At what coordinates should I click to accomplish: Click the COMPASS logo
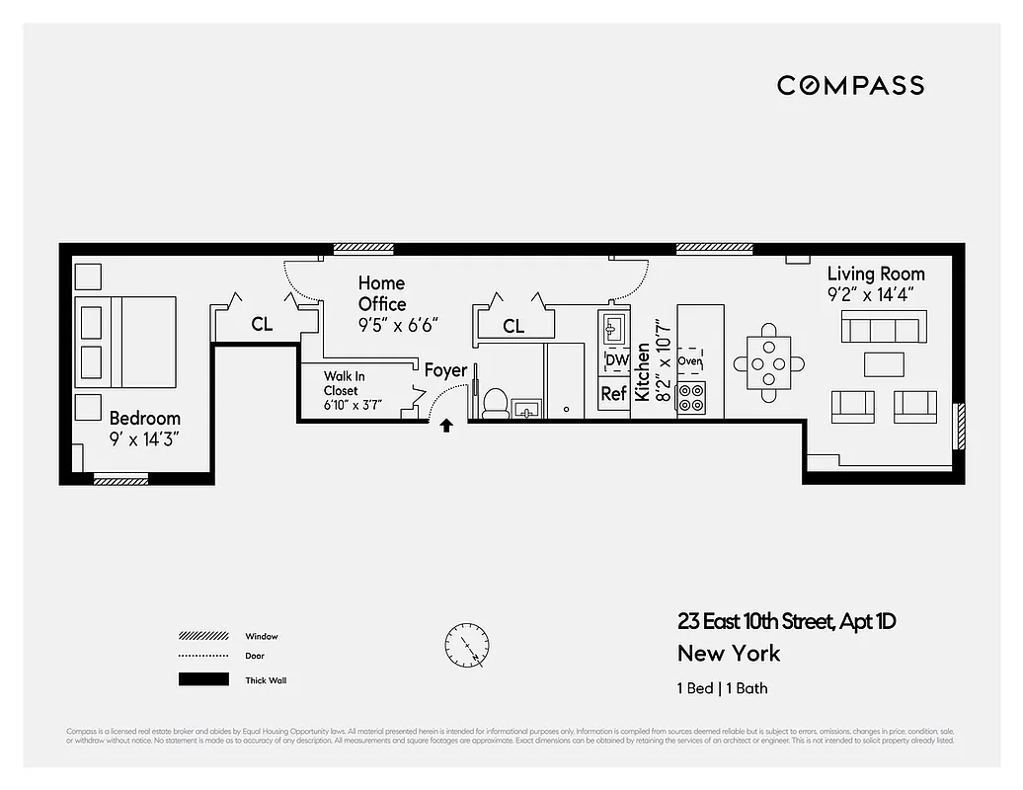click(x=850, y=86)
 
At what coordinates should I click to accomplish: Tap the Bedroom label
click(x=145, y=419)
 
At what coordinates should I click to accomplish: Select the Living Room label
click(x=876, y=274)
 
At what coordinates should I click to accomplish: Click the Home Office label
click(x=382, y=294)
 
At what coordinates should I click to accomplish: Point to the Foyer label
click(x=445, y=371)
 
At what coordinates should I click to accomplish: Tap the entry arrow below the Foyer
click(x=446, y=427)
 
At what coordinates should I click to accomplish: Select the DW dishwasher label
click(x=616, y=360)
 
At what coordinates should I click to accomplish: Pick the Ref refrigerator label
click(x=614, y=393)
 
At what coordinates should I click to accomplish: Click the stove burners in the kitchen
click(x=691, y=397)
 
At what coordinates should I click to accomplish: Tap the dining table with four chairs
click(x=768, y=363)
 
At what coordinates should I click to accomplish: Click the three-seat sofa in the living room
click(x=883, y=325)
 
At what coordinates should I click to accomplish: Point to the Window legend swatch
click(x=202, y=636)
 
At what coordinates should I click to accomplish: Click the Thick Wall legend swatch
click(x=202, y=679)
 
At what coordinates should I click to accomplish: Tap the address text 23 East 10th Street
click(x=786, y=622)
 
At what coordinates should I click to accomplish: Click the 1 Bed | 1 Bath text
click(x=722, y=688)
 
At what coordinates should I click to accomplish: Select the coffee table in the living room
click(x=884, y=364)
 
